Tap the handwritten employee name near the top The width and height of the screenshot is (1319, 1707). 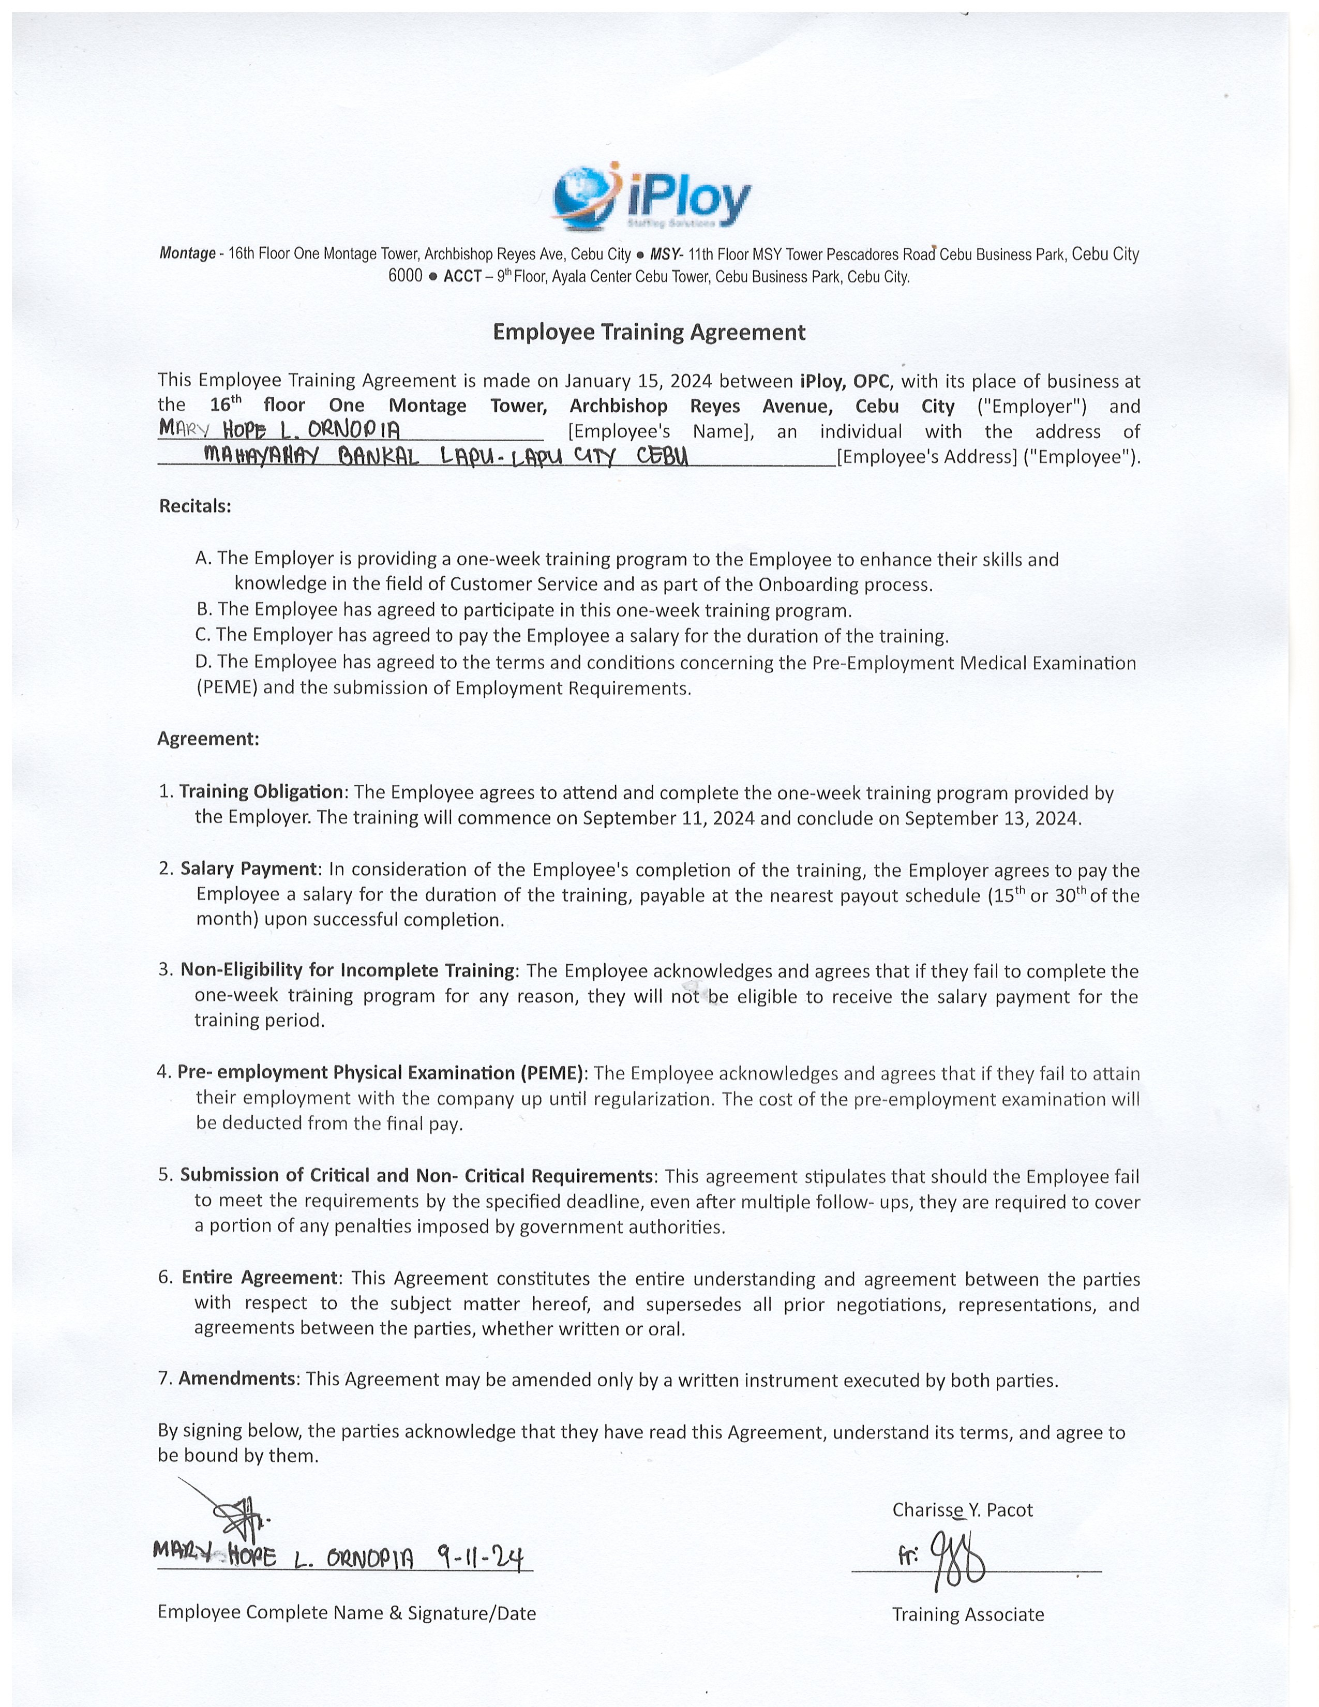pos(280,429)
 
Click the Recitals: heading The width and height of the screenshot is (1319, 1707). pos(196,506)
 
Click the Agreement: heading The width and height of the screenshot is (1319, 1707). pos(208,739)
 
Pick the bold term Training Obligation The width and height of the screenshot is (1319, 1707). pos(261,792)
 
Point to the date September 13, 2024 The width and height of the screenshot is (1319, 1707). pos(993,818)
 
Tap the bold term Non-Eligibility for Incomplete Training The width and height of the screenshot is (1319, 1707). pos(348,970)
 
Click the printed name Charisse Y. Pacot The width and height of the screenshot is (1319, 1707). pos(962,1510)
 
